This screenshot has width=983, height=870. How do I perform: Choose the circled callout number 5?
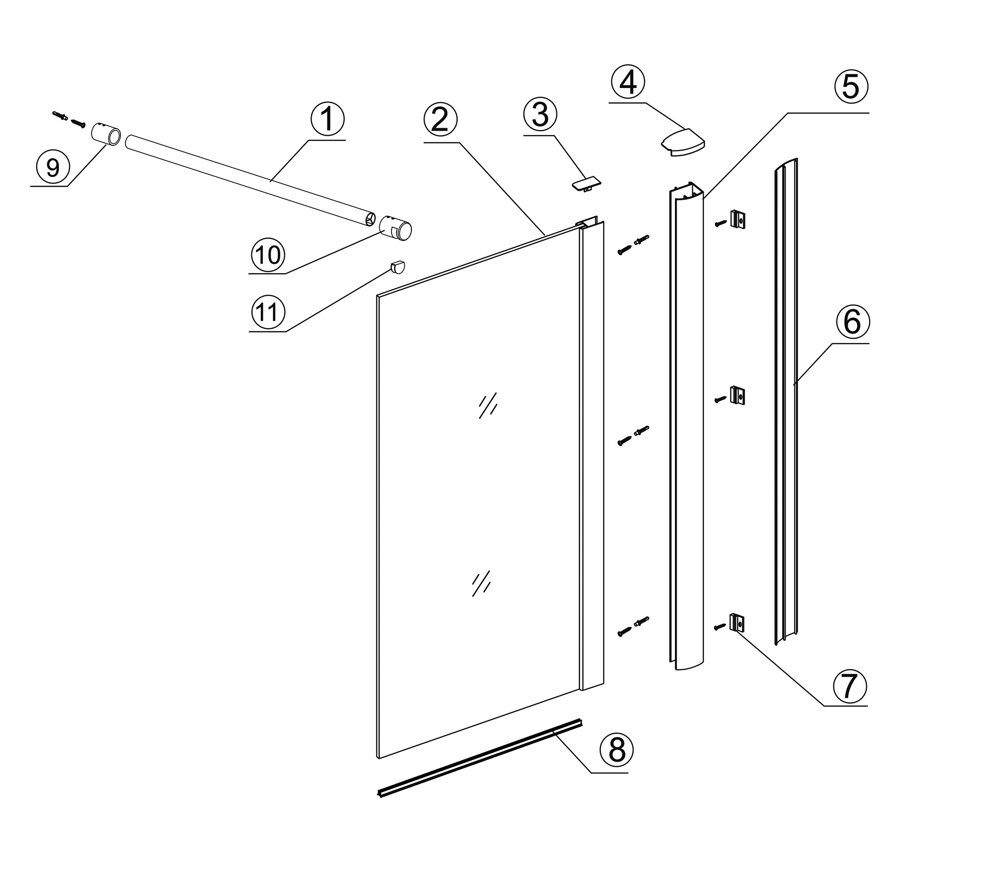850,87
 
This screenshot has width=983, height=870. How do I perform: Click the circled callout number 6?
852,322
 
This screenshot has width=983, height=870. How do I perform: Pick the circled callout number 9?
53,167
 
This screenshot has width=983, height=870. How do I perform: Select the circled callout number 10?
267,254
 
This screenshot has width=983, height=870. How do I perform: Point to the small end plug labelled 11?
398,266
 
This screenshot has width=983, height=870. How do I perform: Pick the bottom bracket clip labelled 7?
737,622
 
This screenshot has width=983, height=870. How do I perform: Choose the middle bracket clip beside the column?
737,395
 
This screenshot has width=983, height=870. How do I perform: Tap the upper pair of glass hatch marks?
488,405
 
